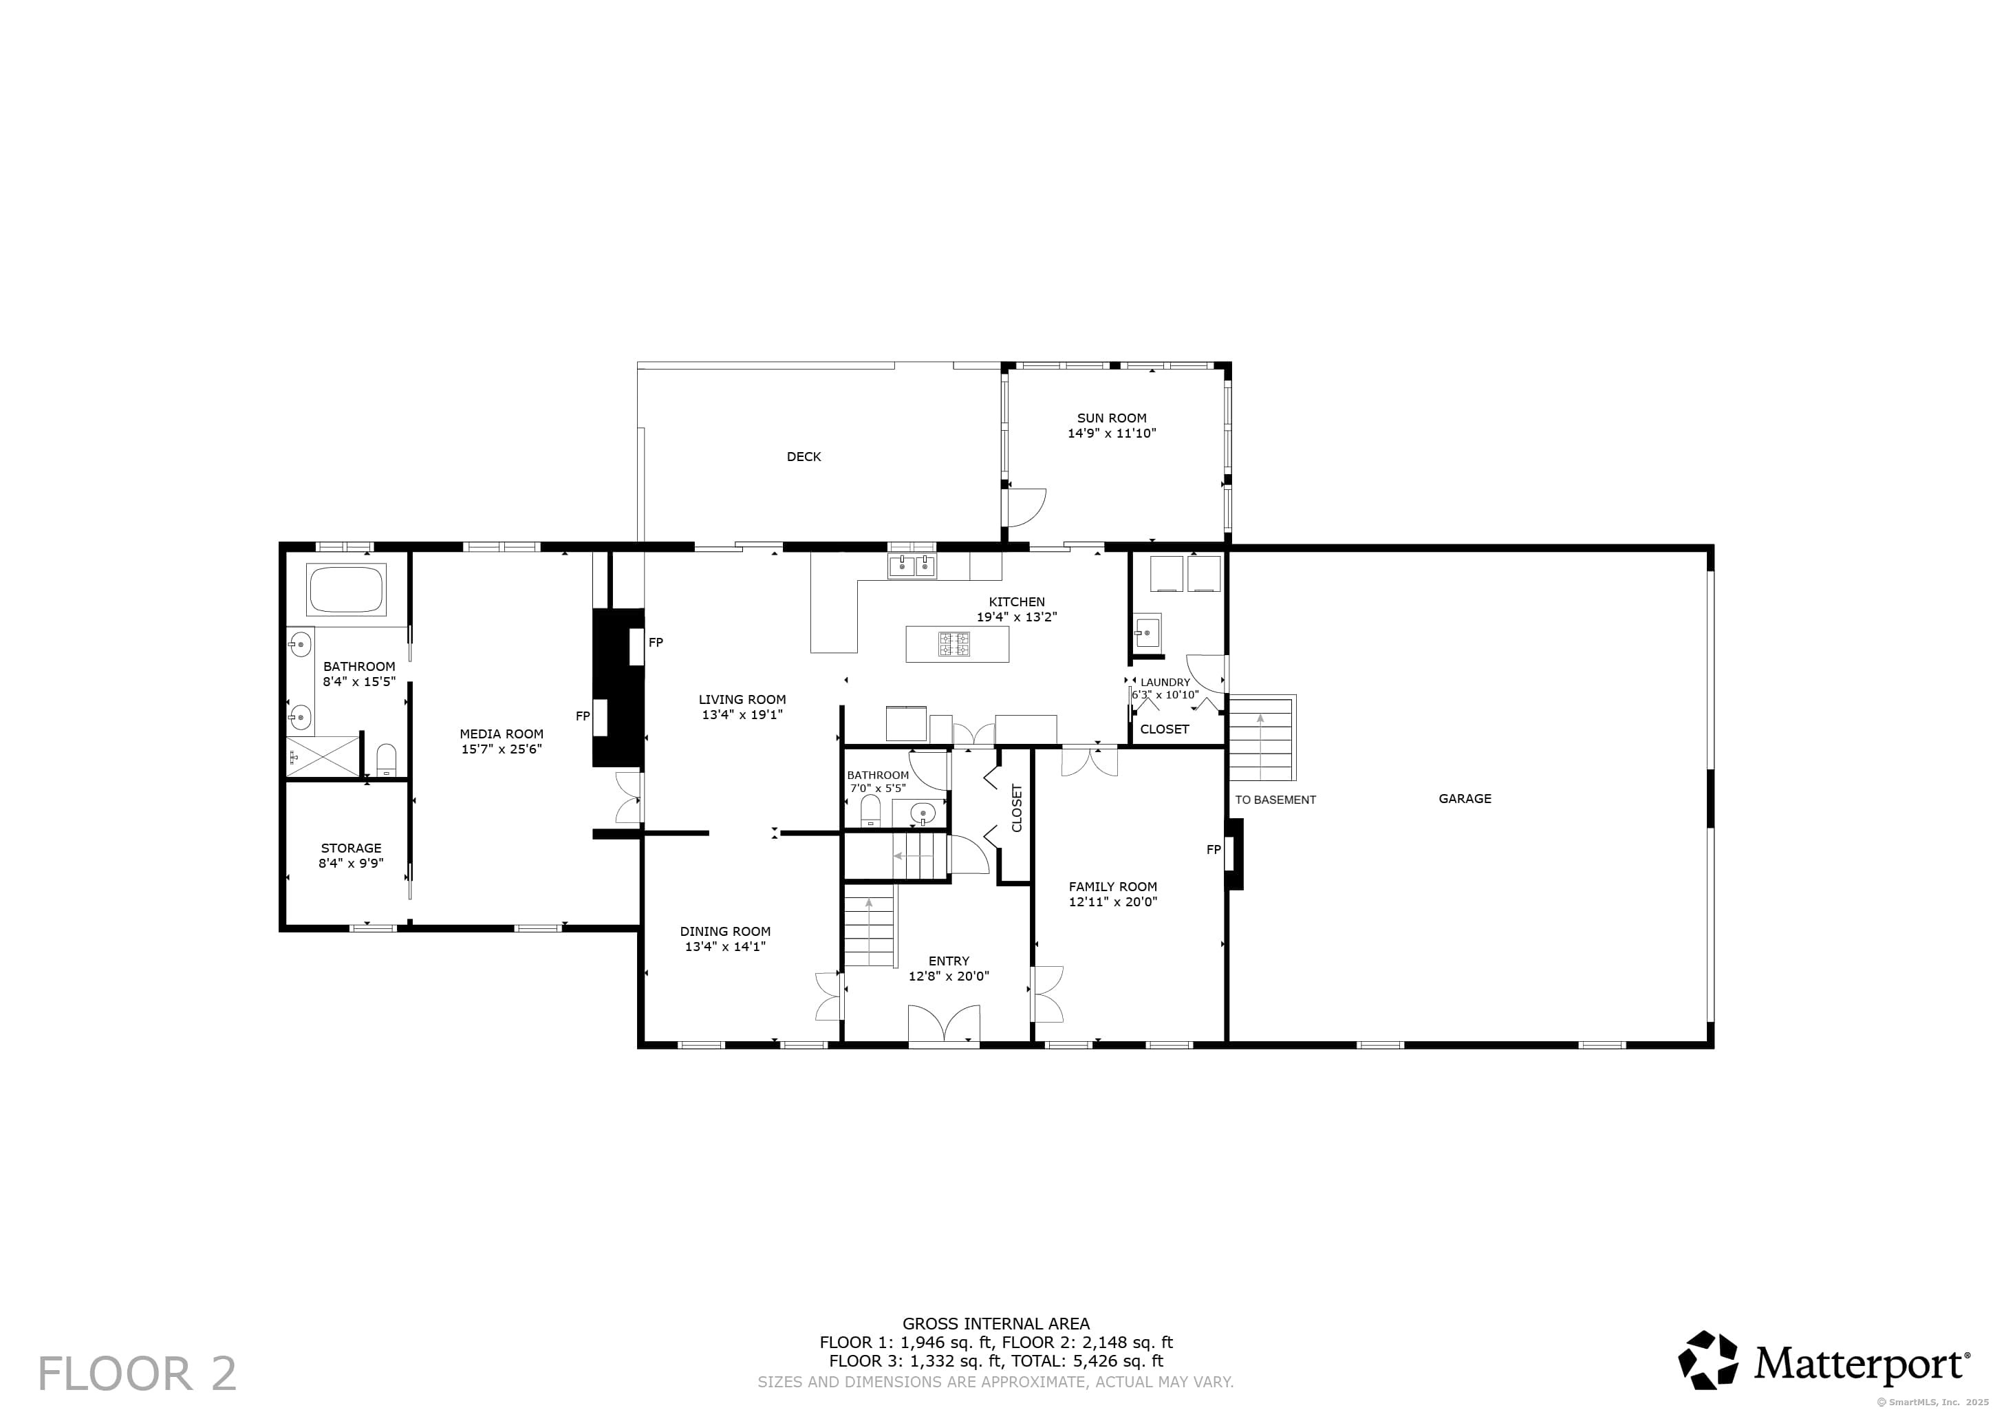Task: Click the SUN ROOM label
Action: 1112,418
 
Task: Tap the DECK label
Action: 804,457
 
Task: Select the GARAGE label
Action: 1465,799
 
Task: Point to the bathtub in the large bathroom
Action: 346,590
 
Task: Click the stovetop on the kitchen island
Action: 955,644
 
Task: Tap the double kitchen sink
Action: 912,566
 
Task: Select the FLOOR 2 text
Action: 137,1374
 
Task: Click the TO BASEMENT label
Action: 1275,800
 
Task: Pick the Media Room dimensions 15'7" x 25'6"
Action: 502,749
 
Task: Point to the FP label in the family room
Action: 1214,850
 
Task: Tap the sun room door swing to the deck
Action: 1025,509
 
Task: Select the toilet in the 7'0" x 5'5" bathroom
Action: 870,810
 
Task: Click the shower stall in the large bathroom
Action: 322,756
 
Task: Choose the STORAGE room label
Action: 352,848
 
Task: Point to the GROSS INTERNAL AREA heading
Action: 995,1324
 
